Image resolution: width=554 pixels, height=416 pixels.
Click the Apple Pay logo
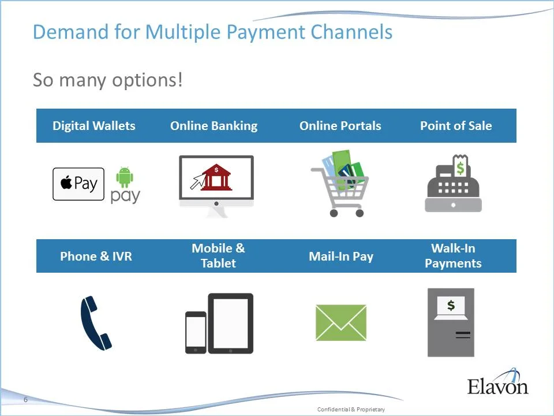[78, 184]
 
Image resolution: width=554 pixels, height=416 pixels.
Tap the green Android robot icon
[125, 177]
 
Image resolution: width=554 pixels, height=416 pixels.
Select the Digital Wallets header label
[94, 126]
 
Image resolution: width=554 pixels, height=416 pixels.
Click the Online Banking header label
[214, 126]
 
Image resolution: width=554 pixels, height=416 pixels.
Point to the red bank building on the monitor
[216, 177]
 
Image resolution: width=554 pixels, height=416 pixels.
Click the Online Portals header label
[340, 126]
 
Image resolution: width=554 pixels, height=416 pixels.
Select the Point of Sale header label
[456, 126]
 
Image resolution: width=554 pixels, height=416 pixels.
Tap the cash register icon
[453, 188]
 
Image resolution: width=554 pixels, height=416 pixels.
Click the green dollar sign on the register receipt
[461, 168]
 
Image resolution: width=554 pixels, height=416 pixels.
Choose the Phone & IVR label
[96, 256]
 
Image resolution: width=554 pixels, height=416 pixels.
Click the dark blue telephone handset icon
[96, 322]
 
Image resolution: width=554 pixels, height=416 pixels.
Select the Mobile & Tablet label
[218, 255]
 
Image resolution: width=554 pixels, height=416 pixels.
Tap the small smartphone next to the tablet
[196, 332]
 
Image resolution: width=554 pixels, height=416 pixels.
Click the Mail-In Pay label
[341, 256]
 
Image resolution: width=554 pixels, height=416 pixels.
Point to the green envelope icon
[341, 322]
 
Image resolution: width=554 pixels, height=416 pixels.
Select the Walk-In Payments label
[453, 255]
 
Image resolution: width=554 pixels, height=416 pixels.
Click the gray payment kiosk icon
[451, 322]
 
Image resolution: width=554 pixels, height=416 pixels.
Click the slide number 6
[25, 400]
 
